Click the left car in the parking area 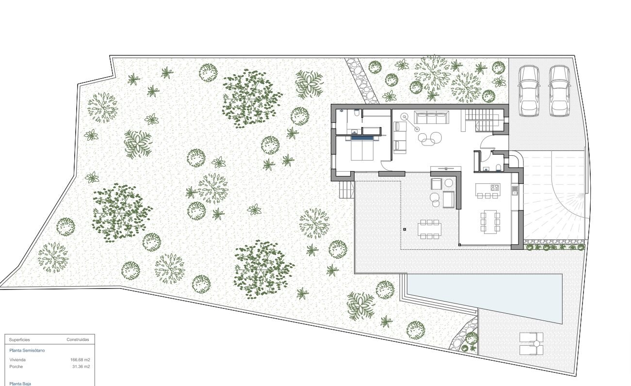[x=529, y=91]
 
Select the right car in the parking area [x=559, y=91]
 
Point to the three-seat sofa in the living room [x=431, y=117]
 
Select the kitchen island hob [x=495, y=187]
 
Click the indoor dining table [x=490, y=221]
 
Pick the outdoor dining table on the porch [x=430, y=229]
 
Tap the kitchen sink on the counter [x=515, y=190]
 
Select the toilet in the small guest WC [x=499, y=168]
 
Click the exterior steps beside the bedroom [x=347, y=190]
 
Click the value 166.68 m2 [x=80, y=360]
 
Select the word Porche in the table [x=16, y=367]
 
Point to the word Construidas [x=78, y=340]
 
